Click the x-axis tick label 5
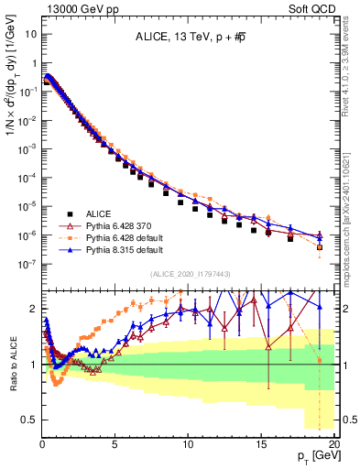pyautogui.click(x=115, y=442)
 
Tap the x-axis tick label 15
pyautogui.click(x=262, y=442)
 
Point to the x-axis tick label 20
pyautogui.click(x=334, y=442)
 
